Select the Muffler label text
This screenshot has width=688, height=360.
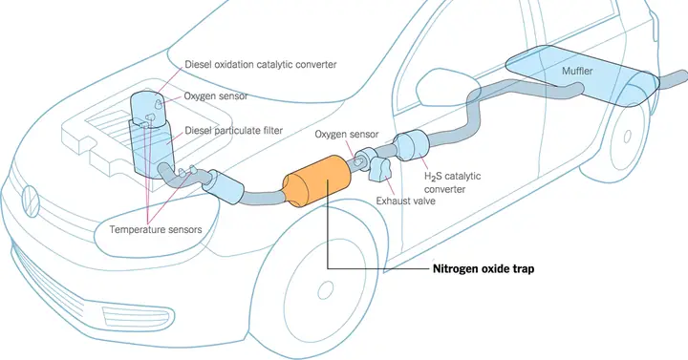pos(580,71)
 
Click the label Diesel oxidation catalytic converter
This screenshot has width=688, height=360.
pos(260,64)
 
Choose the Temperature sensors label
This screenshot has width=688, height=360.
pos(154,230)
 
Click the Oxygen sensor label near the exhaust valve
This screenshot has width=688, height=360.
pos(347,135)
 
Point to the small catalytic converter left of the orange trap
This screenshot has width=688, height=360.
pos(228,185)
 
